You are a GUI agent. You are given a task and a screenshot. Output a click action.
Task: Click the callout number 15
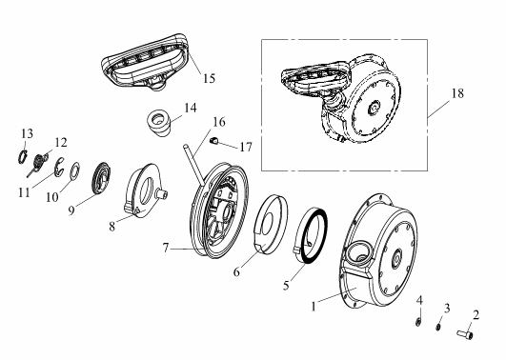[209, 78]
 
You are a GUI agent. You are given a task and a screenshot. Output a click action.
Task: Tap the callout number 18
[457, 93]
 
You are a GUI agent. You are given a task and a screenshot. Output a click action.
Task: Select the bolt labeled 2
[465, 334]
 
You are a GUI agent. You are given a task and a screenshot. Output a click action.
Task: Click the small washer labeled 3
[438, 327]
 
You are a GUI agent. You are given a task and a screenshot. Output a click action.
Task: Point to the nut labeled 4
[418, 321]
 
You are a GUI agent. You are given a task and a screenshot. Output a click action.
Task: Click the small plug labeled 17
[213, 140]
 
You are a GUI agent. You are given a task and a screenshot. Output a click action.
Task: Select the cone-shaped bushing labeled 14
[159, 123]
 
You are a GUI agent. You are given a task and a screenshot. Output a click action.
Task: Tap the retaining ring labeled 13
[22, 157]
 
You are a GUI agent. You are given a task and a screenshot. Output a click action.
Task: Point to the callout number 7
[166, 248]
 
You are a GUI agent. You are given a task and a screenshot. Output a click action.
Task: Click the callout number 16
[219, 122]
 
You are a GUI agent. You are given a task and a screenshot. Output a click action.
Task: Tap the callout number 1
[314, 306]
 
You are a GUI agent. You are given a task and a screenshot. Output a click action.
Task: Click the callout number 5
[286, 285]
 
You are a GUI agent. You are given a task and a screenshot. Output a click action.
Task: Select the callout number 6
[236, 272]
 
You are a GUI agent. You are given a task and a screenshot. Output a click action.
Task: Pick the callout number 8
[112, 226]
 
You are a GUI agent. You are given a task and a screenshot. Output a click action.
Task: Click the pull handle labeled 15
[146, 61]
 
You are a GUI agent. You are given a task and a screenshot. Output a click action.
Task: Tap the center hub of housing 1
[397, 257]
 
